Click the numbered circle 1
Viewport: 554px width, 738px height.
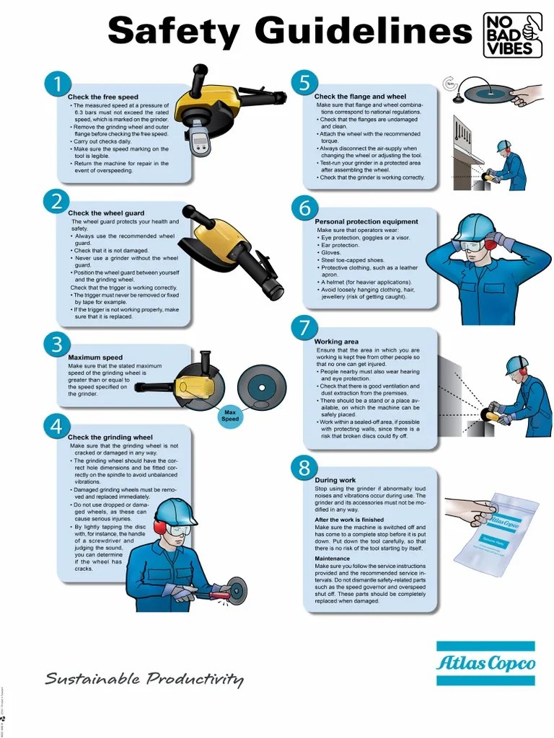click(56, 84)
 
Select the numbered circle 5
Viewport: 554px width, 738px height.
click(304, 83)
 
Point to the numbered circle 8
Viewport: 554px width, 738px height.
click(304, 468)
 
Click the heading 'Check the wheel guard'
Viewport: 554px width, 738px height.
click(106, 213)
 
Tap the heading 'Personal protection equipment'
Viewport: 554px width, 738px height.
click(366, 221)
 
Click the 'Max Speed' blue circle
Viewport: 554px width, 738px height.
click(230, 416)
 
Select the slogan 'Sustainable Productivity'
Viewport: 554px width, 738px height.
click(144, 679)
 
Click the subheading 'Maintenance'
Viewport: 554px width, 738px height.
click(332, 559)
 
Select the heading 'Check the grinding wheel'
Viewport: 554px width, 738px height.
click(110, 437)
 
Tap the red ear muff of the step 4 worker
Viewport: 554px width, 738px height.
click(160, 529)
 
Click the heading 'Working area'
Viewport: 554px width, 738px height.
click(336, 342)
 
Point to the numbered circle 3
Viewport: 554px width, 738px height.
click(56, 344)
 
